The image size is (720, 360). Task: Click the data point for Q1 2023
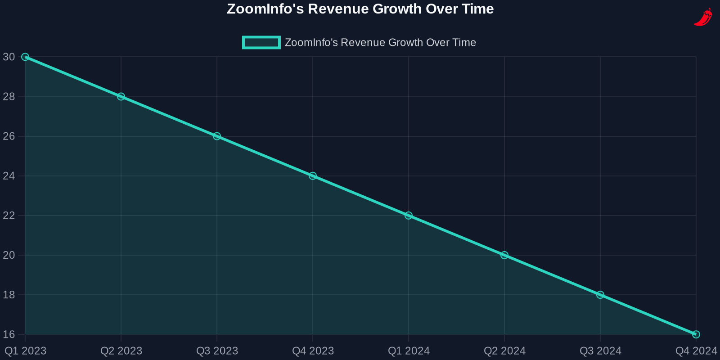tap(25, 57)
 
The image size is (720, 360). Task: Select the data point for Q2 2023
tap(121, 97)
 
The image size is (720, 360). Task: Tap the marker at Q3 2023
tap(217, 136)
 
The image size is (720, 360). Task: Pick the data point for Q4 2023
tap(313, 176)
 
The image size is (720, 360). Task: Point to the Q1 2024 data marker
tap(409, 216)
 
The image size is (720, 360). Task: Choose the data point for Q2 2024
tap(504, 255)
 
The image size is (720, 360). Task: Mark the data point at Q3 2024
tap(600, 295)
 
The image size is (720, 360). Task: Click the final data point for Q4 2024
tap(696, 334)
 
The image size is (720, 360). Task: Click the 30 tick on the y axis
tap(9, 57)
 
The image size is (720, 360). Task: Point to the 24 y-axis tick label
tap(9, 176)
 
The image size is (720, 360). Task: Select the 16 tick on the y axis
tap(9, 334)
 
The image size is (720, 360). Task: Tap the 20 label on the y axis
tap(9, 255)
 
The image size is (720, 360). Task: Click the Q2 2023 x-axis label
tap(121, 351)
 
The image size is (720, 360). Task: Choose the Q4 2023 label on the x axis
tap(313, 351)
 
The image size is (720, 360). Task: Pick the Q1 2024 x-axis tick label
tap(409, 351)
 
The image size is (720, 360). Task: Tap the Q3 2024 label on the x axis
tap(600, 351)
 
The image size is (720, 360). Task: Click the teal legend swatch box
tap(261, 43)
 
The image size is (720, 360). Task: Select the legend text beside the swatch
tap(380, 43)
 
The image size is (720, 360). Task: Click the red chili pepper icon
tap(703, 18)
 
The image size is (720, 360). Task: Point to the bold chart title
tap(360, 9)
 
